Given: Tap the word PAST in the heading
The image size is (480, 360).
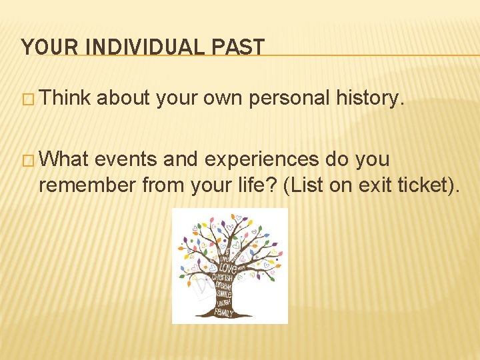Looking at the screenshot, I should pos(241,47).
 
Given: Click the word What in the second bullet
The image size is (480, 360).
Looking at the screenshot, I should pos(65,160).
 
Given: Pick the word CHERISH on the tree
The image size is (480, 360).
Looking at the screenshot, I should pos(223,277).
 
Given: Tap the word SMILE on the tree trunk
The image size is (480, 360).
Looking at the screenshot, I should pos(223,293).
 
